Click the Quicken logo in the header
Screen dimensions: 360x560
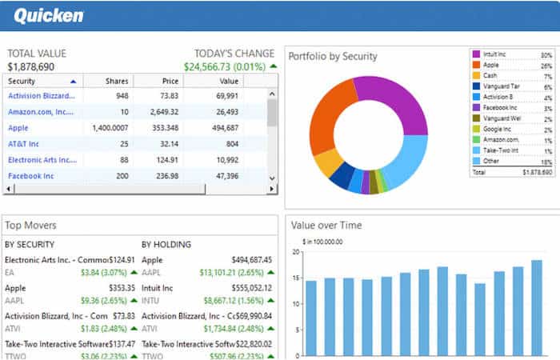point(48,15)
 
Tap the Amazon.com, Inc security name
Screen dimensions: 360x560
point(41,111)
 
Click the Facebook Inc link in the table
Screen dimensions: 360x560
point(31,175)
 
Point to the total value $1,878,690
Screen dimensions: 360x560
point(31,67)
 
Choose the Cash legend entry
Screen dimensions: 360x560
point(490,75)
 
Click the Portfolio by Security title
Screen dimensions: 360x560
point(333,57)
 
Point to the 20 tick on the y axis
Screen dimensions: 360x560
point(294,252)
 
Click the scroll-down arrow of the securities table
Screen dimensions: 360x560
point(272,178)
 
